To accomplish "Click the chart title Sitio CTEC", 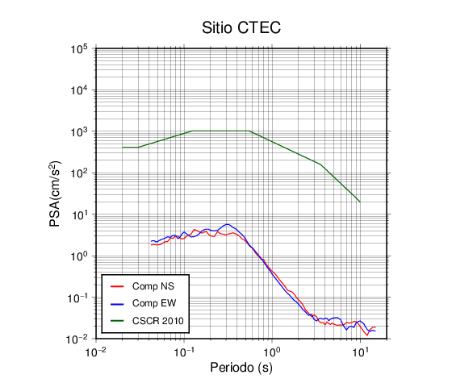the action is [x=241, y=27].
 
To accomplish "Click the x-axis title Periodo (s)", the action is [x=241, y=368].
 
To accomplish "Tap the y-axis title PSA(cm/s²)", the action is [x=55, y=194].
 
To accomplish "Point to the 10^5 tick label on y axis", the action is [x=79, y=49].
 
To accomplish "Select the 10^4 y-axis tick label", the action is [x=79, y=90].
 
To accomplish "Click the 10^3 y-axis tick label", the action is [x=79, y=131].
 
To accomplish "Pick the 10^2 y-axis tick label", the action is [x=79, y=173].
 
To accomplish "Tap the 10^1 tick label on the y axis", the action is [x=79, y=214].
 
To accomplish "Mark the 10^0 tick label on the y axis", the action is [x=79, y=256].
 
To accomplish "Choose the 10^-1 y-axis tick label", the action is [x=77, y=298].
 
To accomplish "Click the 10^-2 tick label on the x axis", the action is [x=95, y=352].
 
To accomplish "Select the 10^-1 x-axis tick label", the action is [x=184, y=352].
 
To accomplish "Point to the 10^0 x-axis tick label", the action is [x=272, y=352].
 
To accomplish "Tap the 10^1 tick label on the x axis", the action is [x=360, y=352].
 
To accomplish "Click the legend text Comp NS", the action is [x=153, y=286].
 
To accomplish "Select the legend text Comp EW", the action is [x=154, y=303].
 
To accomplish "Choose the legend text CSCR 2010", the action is [x=157, y=321].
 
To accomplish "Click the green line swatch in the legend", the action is [x=117, y=321].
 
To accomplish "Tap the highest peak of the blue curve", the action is [x=228, y=224].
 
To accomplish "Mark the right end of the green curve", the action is [x=360, y=202].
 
